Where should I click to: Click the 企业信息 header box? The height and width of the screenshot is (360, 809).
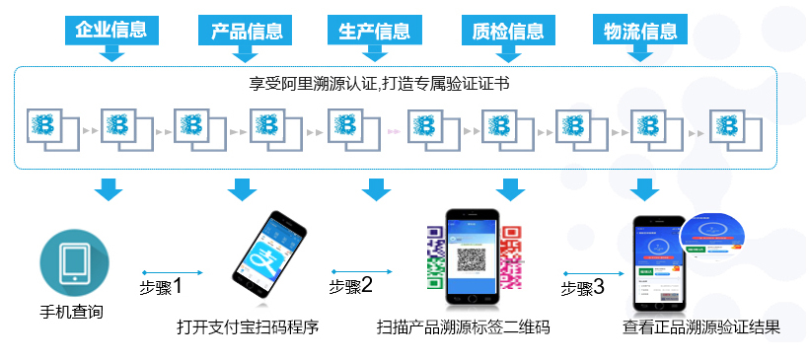click(111, 30)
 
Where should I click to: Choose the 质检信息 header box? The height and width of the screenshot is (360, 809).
click(508, 30)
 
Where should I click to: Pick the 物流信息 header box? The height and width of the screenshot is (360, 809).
click(640, 30)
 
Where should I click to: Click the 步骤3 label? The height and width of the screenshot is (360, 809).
click(582, 288)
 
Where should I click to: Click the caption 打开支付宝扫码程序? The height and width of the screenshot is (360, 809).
click(248, 326)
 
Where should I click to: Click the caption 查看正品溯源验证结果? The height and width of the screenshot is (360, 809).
click(700, 326)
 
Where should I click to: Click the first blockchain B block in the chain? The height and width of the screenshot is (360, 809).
click(46, 126)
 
